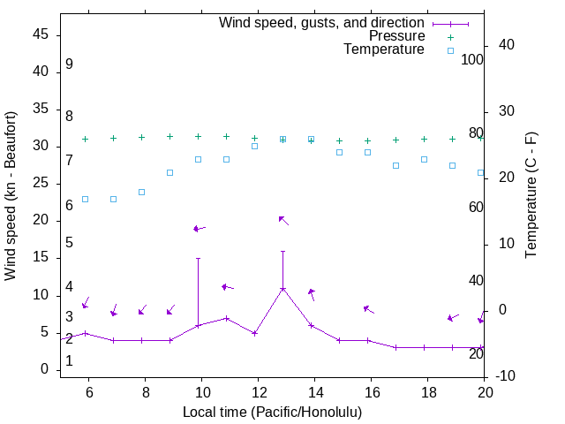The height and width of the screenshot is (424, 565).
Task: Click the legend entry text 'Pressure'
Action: point(396,36)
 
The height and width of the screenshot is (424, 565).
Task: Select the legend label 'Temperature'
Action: point(384,49)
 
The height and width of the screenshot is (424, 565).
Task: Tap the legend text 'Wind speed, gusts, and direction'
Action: point(322,23)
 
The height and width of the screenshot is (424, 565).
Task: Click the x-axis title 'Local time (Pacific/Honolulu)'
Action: point(272,412)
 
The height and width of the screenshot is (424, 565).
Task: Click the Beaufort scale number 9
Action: point(69,64)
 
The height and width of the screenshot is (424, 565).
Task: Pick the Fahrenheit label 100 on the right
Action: point(473,60)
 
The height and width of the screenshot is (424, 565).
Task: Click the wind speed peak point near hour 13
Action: point(282,289)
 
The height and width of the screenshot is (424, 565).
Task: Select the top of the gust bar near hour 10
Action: point(198,259)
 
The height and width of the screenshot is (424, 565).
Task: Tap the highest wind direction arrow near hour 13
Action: point(283,220)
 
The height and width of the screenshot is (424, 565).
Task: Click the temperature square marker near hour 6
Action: point(85,199)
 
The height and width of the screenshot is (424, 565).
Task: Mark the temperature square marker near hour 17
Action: point(395,165)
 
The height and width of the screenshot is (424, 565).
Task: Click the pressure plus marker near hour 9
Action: point(169,137)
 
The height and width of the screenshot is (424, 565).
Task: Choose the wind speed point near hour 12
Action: point(254,333)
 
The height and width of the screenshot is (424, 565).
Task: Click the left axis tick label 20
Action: point(41,221)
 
